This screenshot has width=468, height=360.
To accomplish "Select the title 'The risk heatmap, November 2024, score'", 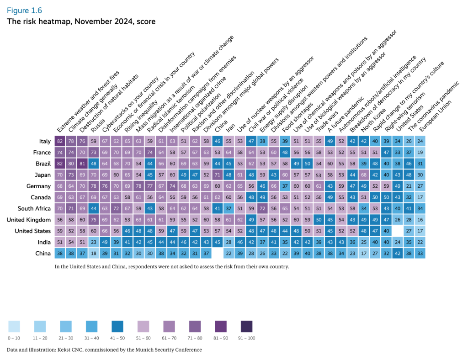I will point(81,21).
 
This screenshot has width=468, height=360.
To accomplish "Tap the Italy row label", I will point(44,142).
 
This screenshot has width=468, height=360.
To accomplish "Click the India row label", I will point(44,242).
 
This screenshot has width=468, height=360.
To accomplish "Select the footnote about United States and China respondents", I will point(171,265).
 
